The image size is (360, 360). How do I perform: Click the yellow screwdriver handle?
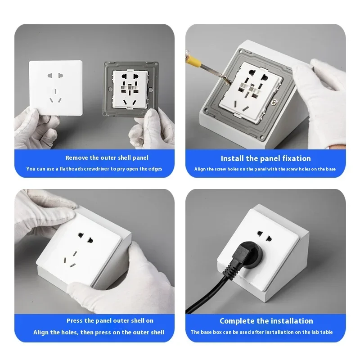click(194, 59)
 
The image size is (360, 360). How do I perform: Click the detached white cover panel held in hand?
click(56, 88)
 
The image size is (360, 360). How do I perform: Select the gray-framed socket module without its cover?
click(130, 89)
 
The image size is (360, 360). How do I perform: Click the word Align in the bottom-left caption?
click(41, 332)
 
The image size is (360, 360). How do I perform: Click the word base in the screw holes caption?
click(331, 169)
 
